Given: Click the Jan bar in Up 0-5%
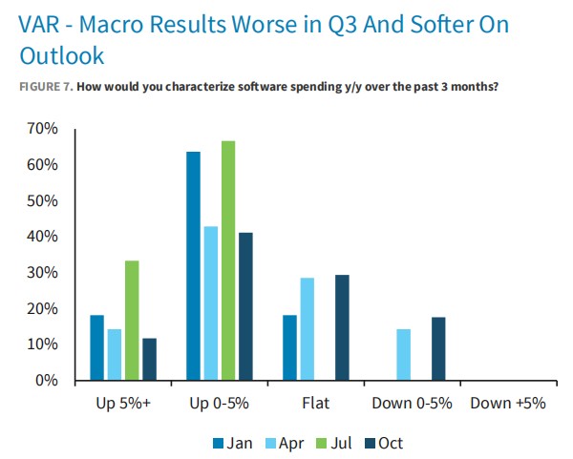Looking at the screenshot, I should pos(193,266).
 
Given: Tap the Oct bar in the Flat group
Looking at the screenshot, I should pos(342,328).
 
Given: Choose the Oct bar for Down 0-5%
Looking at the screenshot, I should pos(438,349).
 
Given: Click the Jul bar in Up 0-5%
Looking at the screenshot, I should pos(227,261).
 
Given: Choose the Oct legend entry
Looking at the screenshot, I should pos(386,443).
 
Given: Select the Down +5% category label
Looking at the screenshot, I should pos(508,403).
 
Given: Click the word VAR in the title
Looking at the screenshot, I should pos(38,23).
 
